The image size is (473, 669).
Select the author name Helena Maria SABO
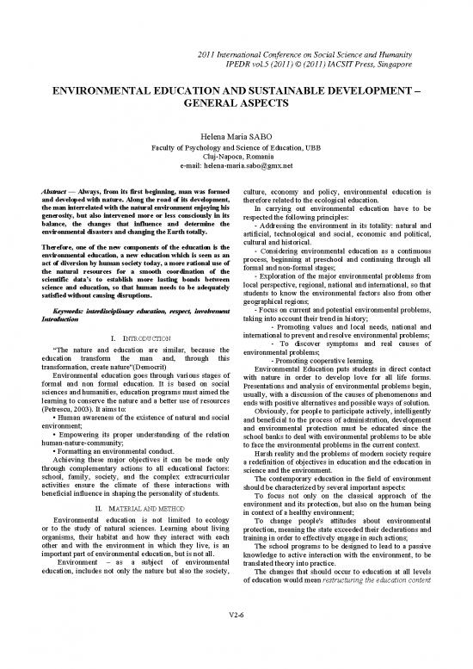(236, 136)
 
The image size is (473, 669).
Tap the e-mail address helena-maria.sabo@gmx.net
(255, 165)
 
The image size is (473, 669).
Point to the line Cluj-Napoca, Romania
(236, 156)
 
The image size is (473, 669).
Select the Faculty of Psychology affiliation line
(236, 146)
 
